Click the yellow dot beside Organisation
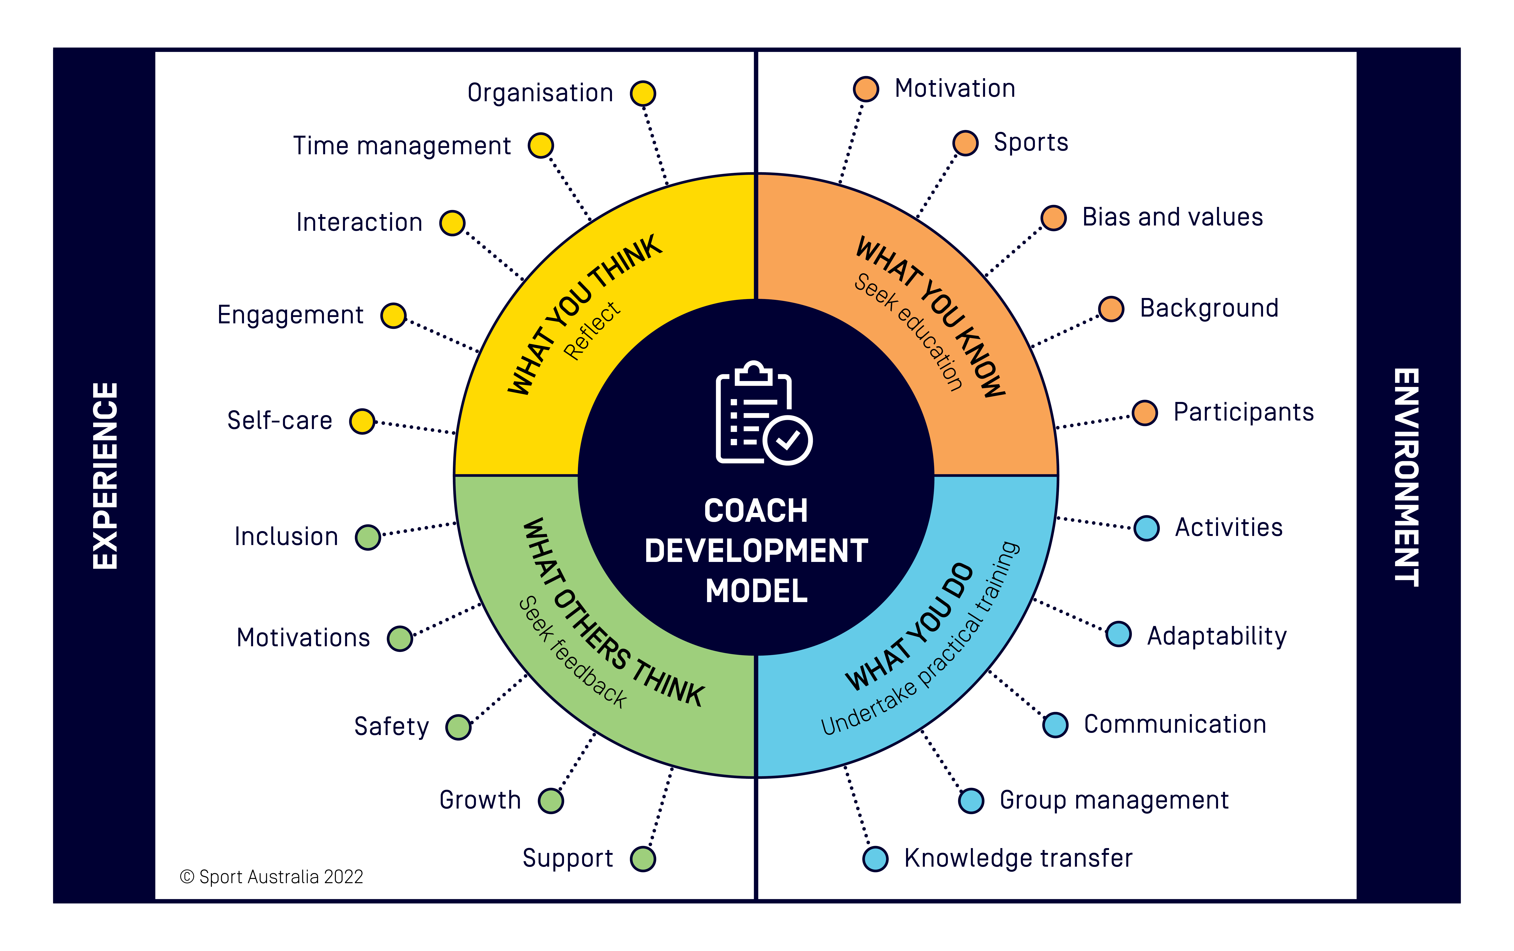643,94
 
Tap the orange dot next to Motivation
866,89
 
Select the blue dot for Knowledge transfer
875,858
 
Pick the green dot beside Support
643,858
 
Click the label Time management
402,146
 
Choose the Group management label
1113,800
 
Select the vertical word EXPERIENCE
105,475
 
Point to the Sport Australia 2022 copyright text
272,877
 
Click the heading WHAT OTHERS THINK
613,613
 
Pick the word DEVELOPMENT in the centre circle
756,551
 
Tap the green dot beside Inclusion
368,537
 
